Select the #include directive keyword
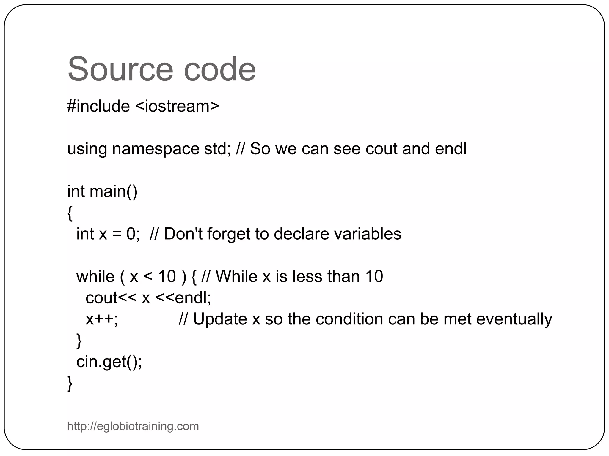(x=98, y=106)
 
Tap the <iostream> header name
(x=177, y=106)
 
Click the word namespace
(x=156, y=149)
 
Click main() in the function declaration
(x=113, y=191)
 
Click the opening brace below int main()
(x=70, y=213)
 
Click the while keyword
(x=95, y=276)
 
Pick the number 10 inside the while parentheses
(x=167, y=276)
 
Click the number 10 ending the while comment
(x=374, y=276)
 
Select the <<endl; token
(x=183, y=298)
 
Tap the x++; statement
(x=102, y=319)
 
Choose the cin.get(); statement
(x=109, y=362)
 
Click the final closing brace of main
(x=70, y=383)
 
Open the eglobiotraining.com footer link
(x=133, y=426)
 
